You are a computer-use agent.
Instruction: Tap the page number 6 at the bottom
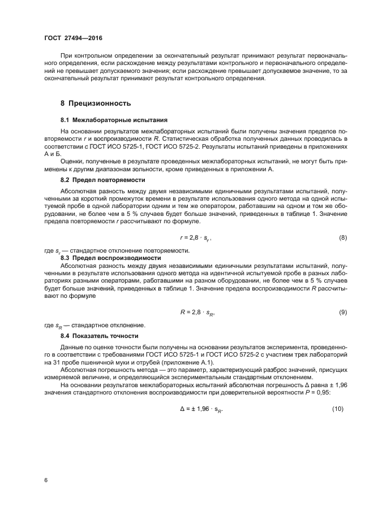pyautogui.click(x=46, y=480)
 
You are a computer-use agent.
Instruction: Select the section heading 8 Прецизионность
pyautogui.click(x=96, y=103)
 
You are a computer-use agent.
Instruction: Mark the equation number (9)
pyautogui.click(x=342, y=313)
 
